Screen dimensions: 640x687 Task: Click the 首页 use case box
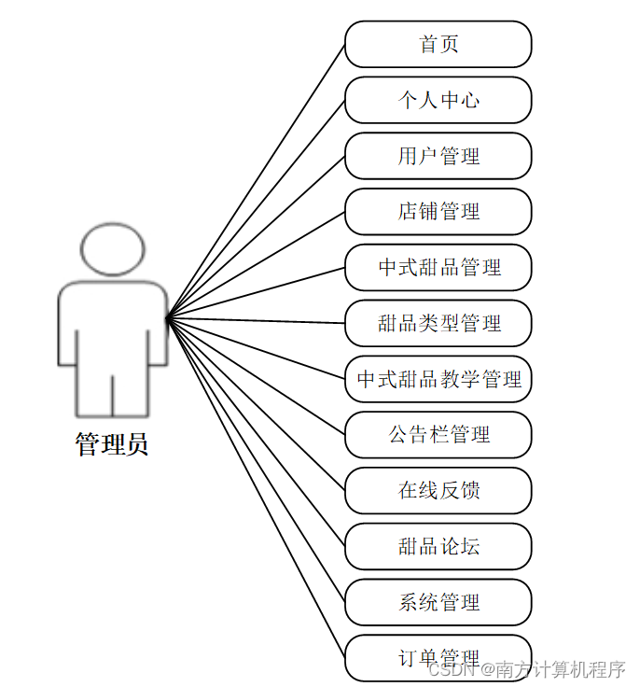click(x=438, y=44)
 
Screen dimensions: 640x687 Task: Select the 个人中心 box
click(x=438, y=100)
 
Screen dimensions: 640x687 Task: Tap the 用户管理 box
click(x=438, y=156)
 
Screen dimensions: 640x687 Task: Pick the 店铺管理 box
click(x=438, y=212)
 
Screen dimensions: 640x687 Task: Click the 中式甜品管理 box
click(x=438, y=268)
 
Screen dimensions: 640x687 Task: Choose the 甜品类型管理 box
click(x=438, y=324)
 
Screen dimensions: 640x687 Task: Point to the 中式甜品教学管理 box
click(x=438, y=380)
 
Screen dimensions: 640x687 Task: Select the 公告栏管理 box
click(x=438, y=435)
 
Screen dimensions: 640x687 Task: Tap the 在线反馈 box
click(x=438, y=491)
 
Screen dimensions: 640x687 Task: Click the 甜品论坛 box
click(x=438, y=547)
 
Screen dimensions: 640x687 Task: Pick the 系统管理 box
click(x=438, y=603)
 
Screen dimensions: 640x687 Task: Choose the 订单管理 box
click(x=438, y=658)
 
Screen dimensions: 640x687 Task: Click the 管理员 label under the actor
click(x=112, y=444)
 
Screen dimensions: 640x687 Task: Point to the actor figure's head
click(x=112, y=249)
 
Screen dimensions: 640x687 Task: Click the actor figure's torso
click(x=112, y=327)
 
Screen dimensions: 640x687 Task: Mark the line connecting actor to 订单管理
click(x=257, y=489)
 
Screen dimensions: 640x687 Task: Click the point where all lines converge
click(x=167, y=319)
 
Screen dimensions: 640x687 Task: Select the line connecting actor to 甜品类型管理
click(x=257, y=322)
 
